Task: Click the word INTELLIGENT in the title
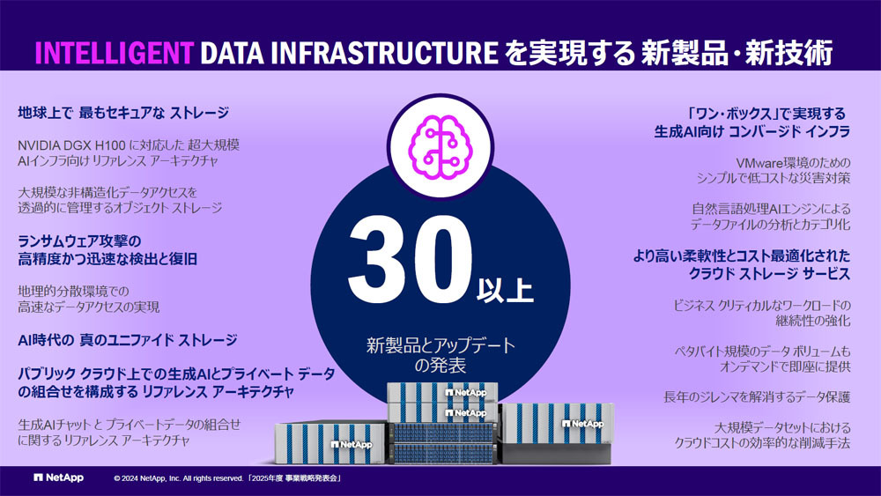click(115, 53)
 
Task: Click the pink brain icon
click(440, 147)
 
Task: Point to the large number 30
click(410, 259)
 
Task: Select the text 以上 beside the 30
click(505, 291)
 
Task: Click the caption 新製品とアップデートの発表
click(440, 355)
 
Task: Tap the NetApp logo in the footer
click(58, 477)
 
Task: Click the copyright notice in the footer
click(227, 478)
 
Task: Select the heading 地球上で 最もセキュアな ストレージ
click(123, 113)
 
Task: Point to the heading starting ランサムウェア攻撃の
click(107, 250)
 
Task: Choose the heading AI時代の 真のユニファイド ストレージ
click(128, 340)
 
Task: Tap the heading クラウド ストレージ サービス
click(769, 274)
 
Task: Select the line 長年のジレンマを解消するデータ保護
click(757, 397)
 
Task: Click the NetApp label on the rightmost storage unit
click(582, 424)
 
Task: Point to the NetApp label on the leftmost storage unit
click(352, 444)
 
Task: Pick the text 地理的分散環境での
click(74, 291)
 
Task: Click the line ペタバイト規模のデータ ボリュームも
click(762, 352)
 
